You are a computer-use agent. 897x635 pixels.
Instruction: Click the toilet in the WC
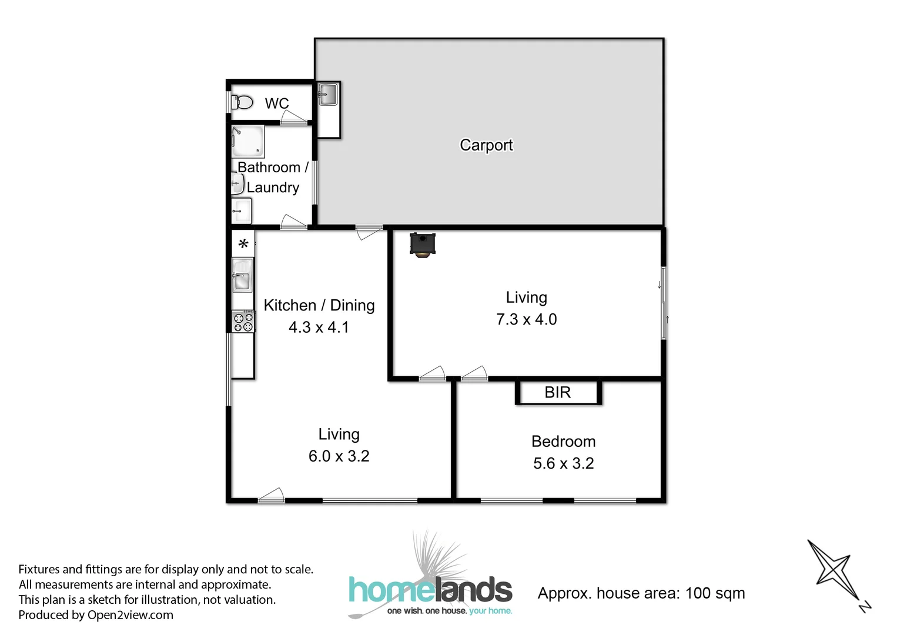(x=242, y=103)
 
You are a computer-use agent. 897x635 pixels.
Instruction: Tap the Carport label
(x=486, y=145)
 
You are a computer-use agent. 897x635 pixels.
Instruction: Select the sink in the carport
(x=328, y=94)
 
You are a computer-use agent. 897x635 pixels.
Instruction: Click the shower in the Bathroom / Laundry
(x=247, y=141)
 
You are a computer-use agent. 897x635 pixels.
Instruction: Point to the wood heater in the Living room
(x=422, y=245)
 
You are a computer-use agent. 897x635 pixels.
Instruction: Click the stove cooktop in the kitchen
(x=243, y=322)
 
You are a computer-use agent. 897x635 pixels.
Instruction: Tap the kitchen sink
(x=242, y=276)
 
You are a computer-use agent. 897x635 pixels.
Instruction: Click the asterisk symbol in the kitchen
(x=243, y=243)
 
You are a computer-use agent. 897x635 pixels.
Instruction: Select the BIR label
(x=557, y=393)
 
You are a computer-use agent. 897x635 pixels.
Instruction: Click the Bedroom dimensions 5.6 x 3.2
(x=563, y=463)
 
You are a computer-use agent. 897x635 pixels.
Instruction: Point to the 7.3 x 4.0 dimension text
(x=526, y=319)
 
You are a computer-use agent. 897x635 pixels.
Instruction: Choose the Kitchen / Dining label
(x=319, y=306)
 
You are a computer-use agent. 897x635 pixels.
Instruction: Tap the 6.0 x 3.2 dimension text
(x=339, y=456)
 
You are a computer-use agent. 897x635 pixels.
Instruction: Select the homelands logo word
(x=430, y=590)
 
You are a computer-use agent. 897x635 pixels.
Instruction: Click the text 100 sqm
(x=715, y=593)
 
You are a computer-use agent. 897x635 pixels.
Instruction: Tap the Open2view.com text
(x=130, y=615)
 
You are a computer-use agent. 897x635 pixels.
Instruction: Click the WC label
(x=276, y=103)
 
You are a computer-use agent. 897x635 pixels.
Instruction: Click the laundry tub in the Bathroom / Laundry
(x=242, y=210)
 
